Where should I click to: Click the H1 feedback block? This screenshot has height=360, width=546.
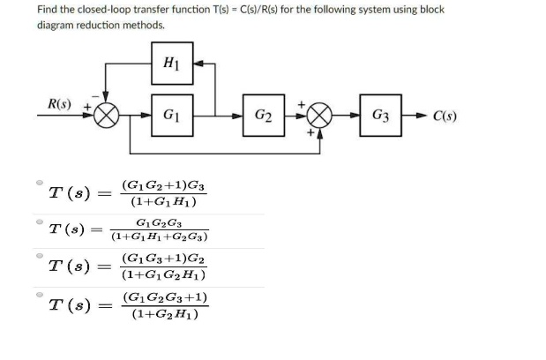tap(169, 64)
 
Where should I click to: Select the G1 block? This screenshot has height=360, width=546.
tap(169, 116)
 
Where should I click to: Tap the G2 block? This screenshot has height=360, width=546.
tap(262, 116)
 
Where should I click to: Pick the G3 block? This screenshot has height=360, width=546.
tap(381, 116)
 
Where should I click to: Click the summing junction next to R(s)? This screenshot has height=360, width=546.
tap(108, 116)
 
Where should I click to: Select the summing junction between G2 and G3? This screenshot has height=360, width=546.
tap(318, 116)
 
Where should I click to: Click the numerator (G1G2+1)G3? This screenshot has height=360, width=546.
tap(165, 184)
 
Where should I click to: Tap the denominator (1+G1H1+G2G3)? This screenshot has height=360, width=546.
tap(160, 236)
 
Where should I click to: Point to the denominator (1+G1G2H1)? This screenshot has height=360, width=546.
tap(165, 274)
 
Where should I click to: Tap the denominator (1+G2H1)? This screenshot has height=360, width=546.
tap(164, 313)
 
